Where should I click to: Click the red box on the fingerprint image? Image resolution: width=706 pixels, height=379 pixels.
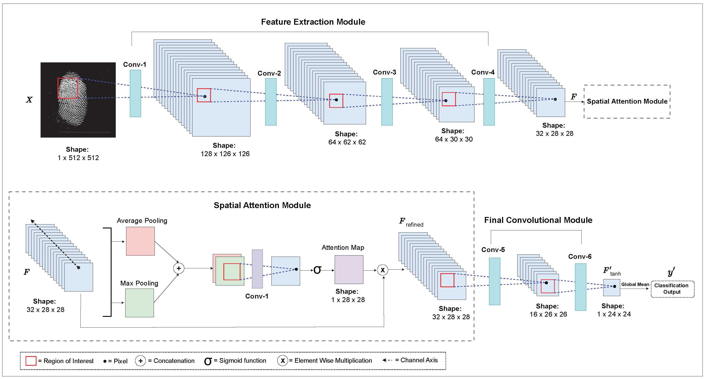(68, 88)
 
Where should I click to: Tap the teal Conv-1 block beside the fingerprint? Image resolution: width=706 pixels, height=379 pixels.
(135, 93)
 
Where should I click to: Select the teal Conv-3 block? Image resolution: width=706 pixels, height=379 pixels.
(387, 102)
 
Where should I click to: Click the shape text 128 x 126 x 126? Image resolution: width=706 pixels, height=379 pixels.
(225, 154)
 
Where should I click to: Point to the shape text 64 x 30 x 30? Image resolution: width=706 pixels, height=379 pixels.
(454, 139)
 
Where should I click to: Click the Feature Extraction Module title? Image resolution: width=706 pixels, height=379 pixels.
(313, 22)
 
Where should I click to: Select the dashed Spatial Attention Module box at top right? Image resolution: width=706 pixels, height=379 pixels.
(627, 101)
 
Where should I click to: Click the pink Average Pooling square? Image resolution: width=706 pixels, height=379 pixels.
(140, 241)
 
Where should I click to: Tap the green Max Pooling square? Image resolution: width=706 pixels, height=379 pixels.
(140, 303)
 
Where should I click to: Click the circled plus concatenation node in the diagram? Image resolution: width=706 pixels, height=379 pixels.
(179, 268)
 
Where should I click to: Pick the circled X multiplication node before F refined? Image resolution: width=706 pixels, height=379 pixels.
(383, 270)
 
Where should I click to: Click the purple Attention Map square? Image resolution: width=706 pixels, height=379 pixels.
(349, 269)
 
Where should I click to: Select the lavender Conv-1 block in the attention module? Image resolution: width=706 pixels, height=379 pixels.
(257, 269)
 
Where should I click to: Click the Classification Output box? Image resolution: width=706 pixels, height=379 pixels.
(672, 289)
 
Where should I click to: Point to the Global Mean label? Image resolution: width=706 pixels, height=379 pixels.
(635, 284)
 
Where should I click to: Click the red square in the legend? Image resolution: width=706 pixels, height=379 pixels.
(31, 361)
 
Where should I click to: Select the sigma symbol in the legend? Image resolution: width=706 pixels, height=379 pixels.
(208, 361)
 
